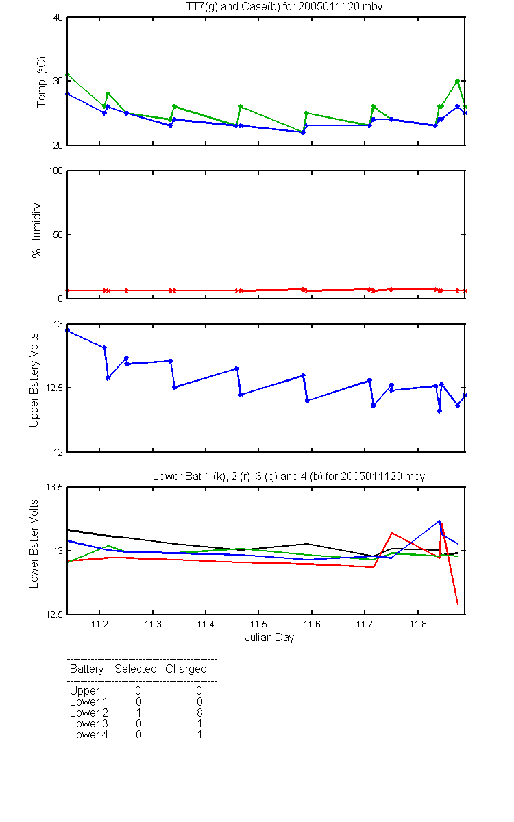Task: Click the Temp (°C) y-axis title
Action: pyautogui.click(x=42, y=82)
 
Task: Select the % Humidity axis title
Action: pyautogui.click(x=37, y=230)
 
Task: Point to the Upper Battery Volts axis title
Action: pyautogui.click(x=34, y=380)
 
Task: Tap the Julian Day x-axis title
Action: pyautogui.click(x=269, y=638)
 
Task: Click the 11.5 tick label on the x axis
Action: pyautogui.click(x=258, y=624)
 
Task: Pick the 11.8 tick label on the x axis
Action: pyautogui.click(x=418, y=624)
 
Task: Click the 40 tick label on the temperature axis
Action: pyautogui.click(x=58, y=17)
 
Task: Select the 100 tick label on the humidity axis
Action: pyautogui.click(x=56, y=171)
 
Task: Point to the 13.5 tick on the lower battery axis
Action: pyautogui.click(x=54, y=487)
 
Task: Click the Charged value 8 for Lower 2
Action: pyautogui.click(x=199, y=712)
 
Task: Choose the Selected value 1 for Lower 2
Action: pyautogui.click(x=138, y=712)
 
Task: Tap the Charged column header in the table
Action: pyautogui.click(x=186, y=669)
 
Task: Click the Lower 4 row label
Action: pyautogui.click(x=89, y=734)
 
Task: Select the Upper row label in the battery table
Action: pyautogui.click(x=84, y=691)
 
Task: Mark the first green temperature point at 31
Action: pyautogui.click(x=68, y=75)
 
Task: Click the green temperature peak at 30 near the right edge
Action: pyautogui.click(x=458, y=81)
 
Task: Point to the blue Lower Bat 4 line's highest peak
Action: pyautogui.click(x=439, y=521)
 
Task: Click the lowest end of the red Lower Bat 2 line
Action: pyautogui.click(x=458, y=604)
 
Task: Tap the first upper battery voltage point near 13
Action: pyautogui.click(x=68, y=330)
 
